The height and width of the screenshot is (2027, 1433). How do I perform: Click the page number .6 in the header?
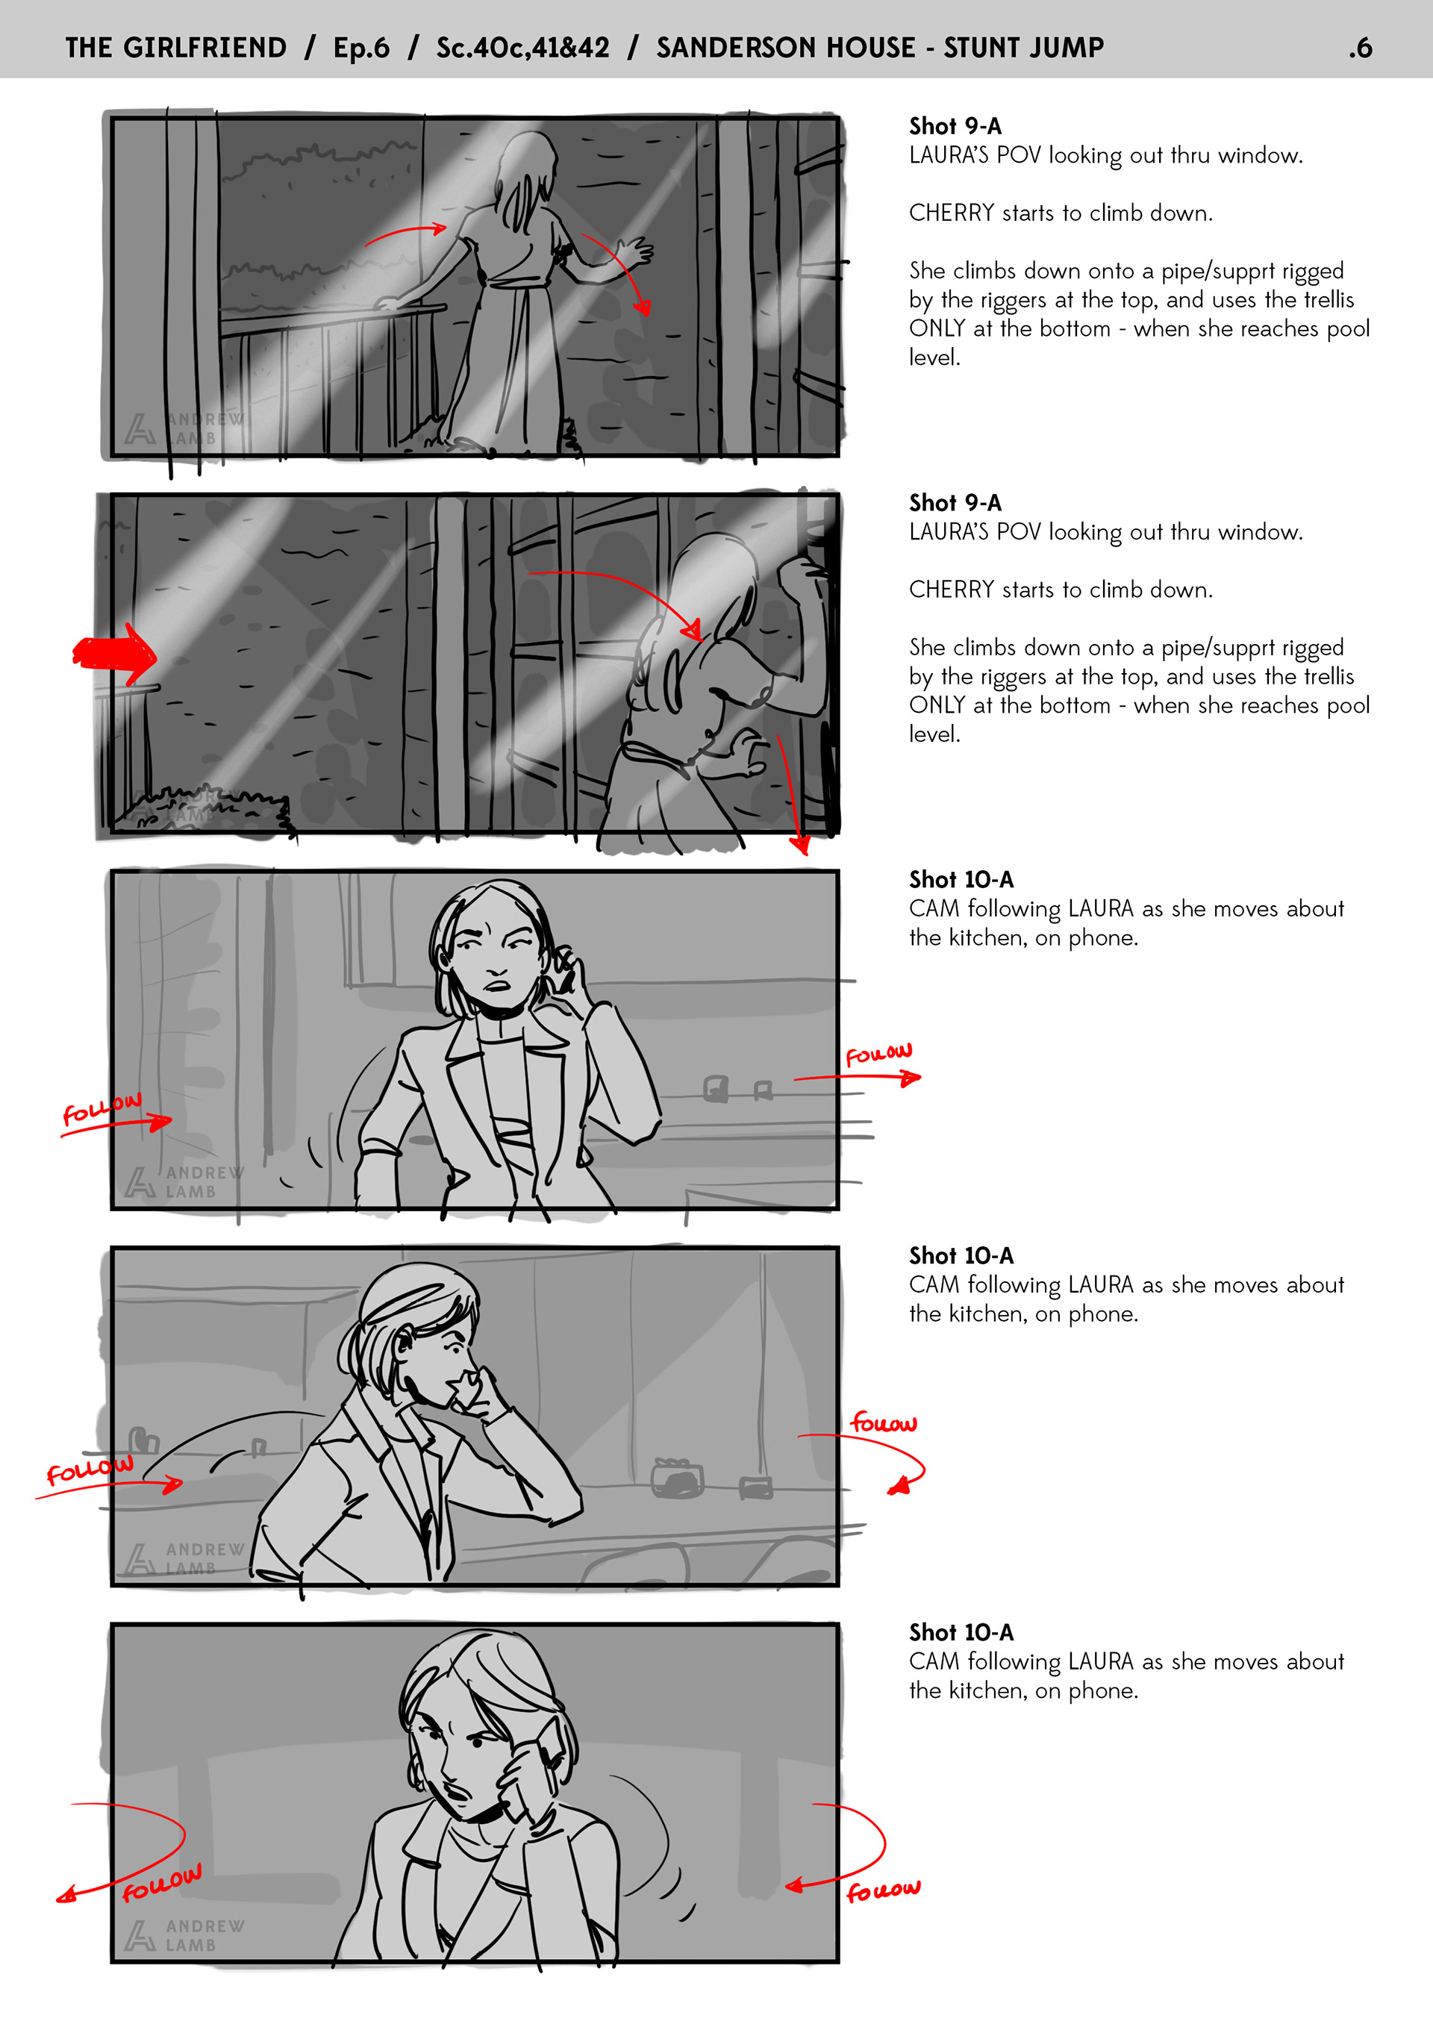tap(1360, 48)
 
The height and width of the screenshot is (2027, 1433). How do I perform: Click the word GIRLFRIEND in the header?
tap(205, 48)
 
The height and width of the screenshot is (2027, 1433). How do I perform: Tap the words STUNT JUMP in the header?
tap(1023, 48)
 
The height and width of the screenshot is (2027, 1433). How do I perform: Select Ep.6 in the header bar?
tap(361, 48)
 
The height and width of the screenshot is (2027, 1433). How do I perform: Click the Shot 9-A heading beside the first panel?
tap(955, 126)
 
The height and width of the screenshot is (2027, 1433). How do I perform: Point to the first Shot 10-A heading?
tap(961, 879)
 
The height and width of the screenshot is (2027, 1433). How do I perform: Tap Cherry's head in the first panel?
tap(527, 163)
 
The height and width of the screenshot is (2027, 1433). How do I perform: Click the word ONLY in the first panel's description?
tap(937, 328)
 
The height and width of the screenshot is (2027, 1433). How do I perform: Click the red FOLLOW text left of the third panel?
tap(102, 1109)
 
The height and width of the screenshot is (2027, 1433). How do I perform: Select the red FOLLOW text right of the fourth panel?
tap(884, 1422)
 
